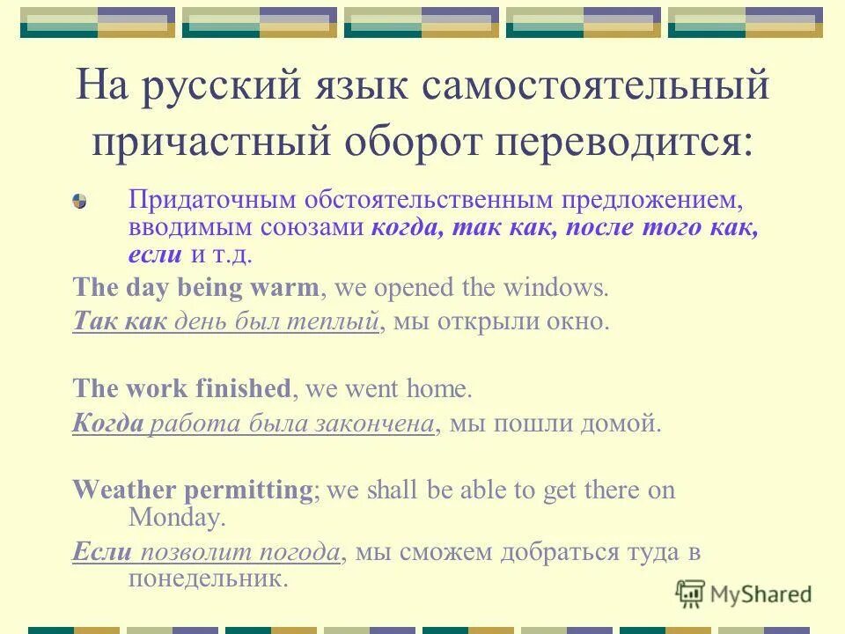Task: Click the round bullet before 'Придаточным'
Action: [x=80, y=202]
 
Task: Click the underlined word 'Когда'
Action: [x=108, y=424]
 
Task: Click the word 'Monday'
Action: [x=176, y=517]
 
